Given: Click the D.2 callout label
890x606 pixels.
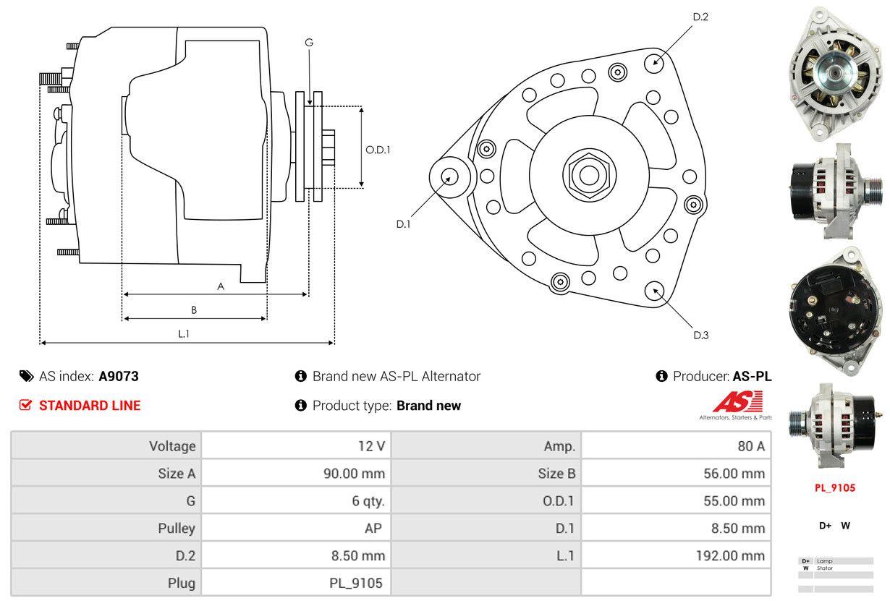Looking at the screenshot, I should (700, 17).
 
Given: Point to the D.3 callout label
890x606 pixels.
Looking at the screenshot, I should (700, 335).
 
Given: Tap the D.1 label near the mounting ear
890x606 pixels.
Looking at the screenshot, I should (403, 224).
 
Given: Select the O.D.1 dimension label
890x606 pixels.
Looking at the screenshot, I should (378, 150).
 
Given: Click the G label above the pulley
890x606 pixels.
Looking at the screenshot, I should (309, 43).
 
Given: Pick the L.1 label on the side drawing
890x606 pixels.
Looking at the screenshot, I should (184, 333).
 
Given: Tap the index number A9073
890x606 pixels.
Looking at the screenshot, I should (119, 376).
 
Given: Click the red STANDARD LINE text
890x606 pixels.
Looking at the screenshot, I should (90, 406).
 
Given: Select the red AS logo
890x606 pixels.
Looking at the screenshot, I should (737, 402).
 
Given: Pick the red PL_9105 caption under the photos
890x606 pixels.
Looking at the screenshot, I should (835, 487).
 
